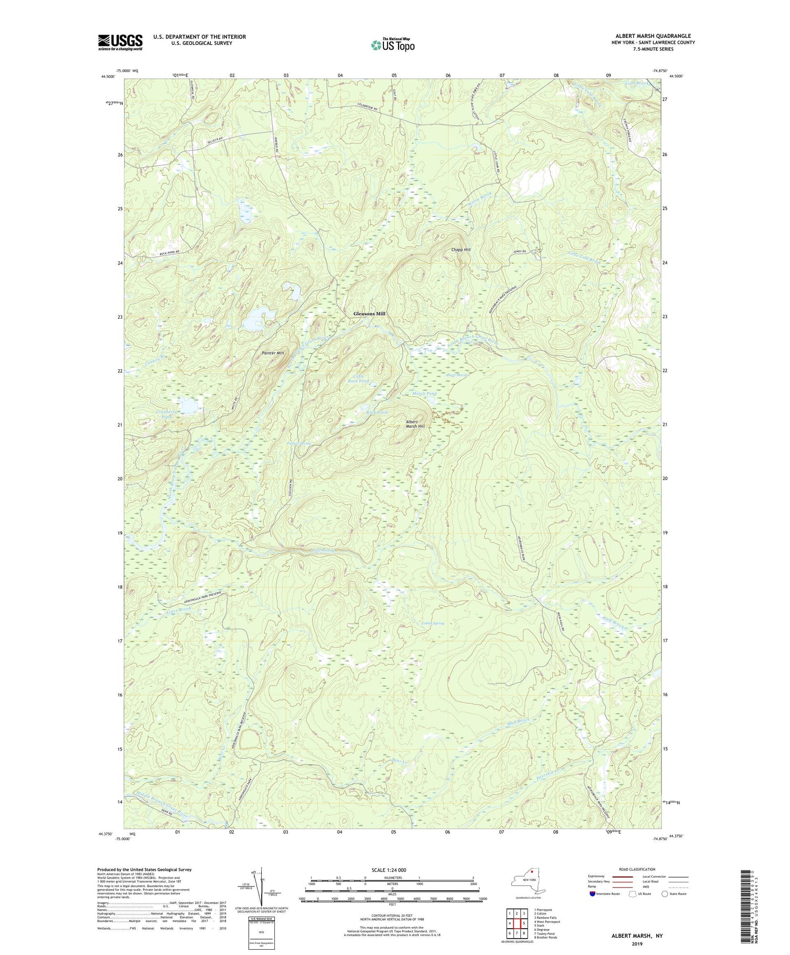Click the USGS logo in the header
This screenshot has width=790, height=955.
coord(120,42)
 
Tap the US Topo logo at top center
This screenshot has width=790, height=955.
coord(392,45)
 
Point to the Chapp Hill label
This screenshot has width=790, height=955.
coord(461,249)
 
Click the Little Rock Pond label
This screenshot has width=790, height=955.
coord(361,378)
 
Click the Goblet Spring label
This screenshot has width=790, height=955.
coord(432,623)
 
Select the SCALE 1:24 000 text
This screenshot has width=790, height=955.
coord(392,870)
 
